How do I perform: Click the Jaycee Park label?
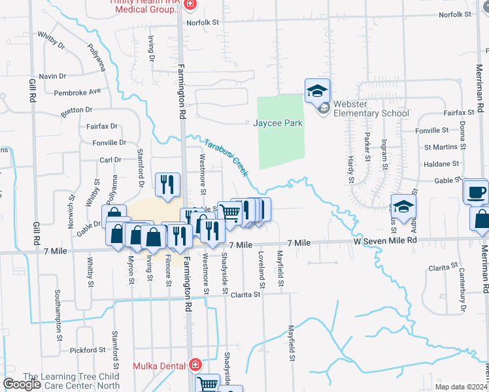(278, 123)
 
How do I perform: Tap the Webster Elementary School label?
(371, 108)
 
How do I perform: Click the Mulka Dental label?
(160, 366)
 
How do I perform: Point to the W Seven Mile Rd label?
(385, 240)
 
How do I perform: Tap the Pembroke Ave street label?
(78, 92)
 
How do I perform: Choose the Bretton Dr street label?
(77, 110)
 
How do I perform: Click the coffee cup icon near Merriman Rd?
(475, 192)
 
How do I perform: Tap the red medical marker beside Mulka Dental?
(194, 366)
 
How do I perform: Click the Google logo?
(22, 384)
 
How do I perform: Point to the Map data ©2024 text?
(460, 387)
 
